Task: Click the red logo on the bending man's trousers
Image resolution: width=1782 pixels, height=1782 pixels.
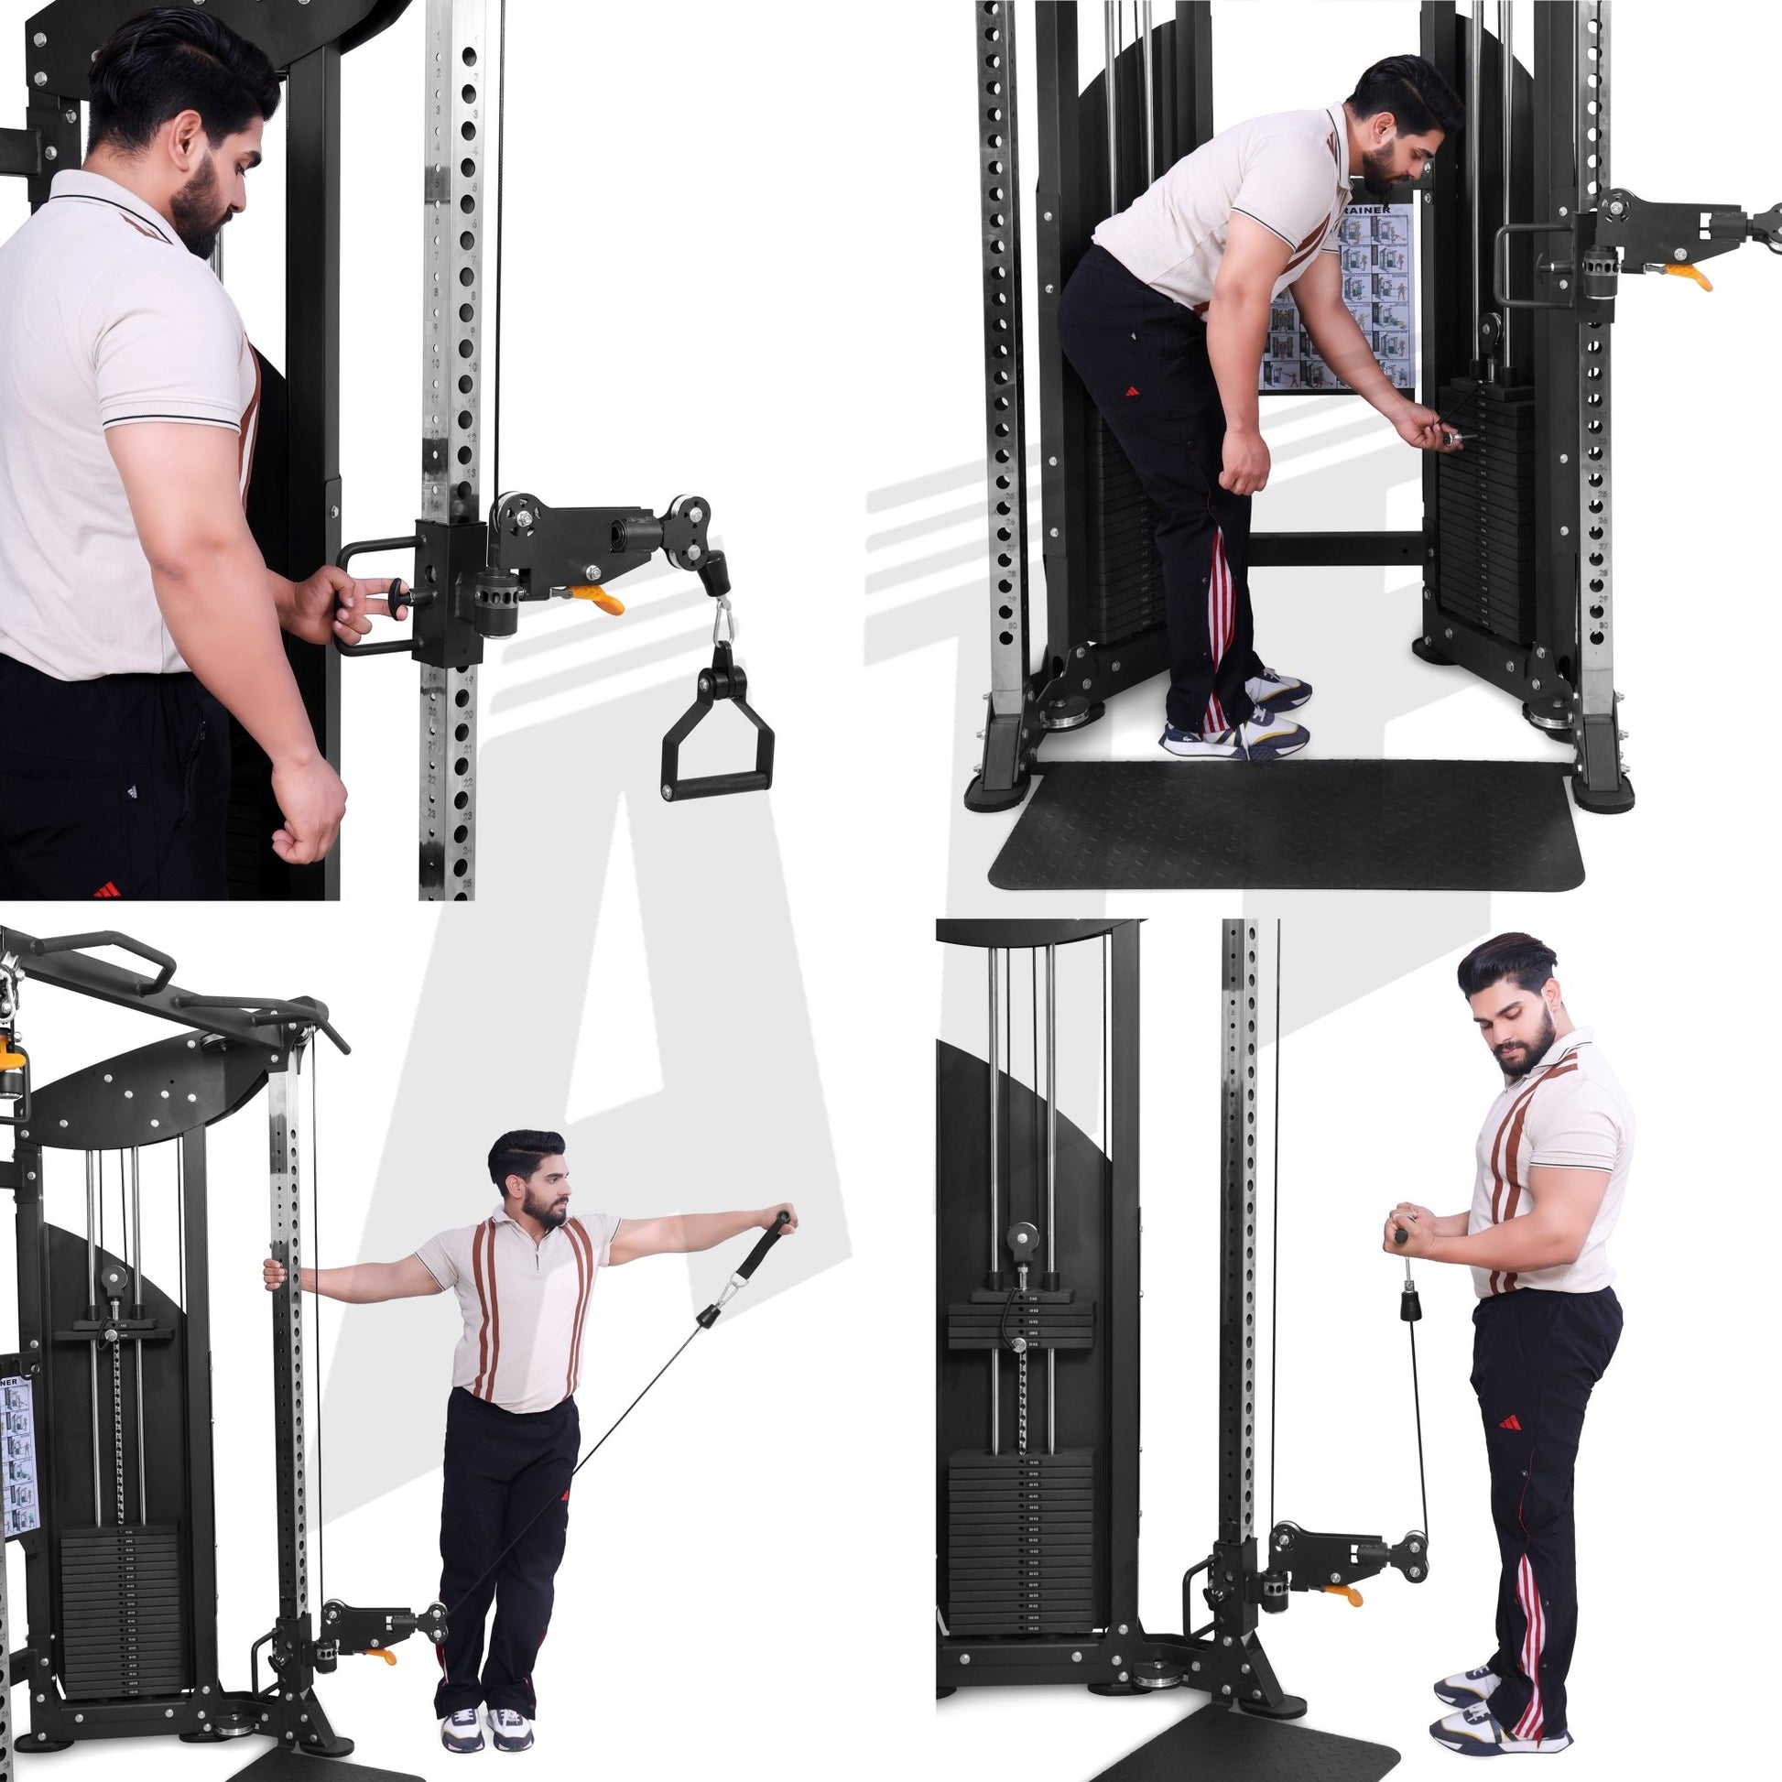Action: point(1132,391)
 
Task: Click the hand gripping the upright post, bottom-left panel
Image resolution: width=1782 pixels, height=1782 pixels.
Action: point(274,1274)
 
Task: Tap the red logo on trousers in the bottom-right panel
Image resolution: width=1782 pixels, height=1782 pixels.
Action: point(1510,1423)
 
